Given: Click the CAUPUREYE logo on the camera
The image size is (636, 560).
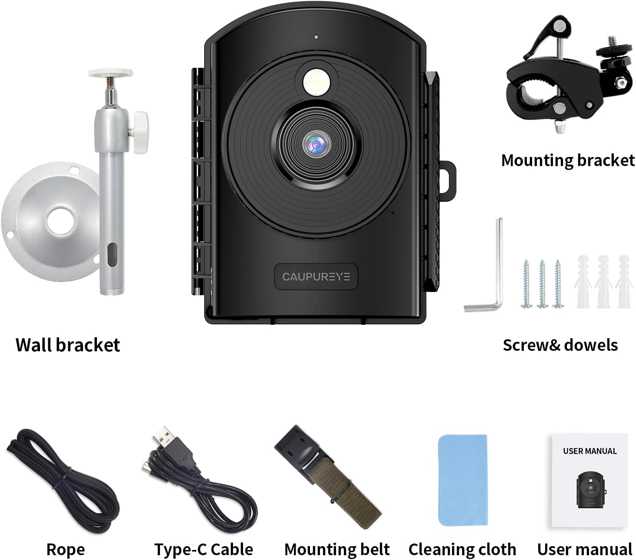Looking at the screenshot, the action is coord(316,277).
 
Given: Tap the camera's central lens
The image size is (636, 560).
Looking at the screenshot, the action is coord(316,145).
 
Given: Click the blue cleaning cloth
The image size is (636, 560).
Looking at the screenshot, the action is coord(463,480).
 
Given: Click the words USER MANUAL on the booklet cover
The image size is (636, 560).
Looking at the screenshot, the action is coord(589,451).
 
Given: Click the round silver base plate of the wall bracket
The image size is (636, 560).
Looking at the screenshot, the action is coord(50,221).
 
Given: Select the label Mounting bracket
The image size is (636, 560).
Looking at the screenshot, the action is coord(568,160).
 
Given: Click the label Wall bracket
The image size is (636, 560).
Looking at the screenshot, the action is coord(68,345).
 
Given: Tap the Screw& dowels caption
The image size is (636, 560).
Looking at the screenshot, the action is coord(560,345).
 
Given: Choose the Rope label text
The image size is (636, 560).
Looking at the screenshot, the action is coord(66,549).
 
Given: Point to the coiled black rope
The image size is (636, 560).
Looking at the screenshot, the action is coord(63,480).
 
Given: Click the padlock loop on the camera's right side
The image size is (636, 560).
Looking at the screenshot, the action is coord(447,180).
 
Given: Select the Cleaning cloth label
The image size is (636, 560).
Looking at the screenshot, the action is coord(462,549).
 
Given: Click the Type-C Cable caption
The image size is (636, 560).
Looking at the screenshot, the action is coord(204,549).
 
